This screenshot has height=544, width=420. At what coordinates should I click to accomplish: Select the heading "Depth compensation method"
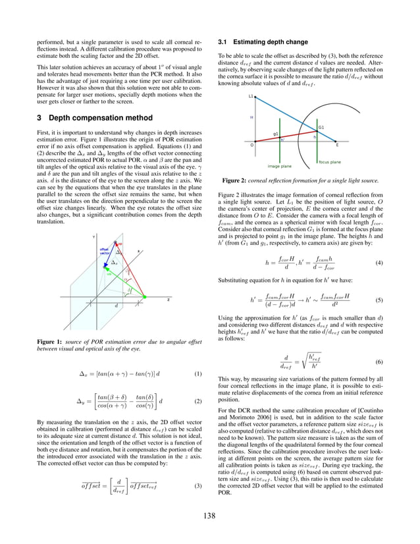[x=95, y=118]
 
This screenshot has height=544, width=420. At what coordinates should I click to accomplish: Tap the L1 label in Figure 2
[x=251, y=96]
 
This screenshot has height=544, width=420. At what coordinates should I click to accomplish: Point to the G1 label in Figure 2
[x=321, y=127]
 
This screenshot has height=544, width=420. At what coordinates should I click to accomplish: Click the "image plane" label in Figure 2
[x=280, y=166]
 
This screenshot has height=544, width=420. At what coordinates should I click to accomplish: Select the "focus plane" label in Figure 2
[x=330, y=161]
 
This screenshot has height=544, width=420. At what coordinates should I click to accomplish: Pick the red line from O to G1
[x=290, y=137]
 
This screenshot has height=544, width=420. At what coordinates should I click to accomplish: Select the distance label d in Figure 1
[x=117, y=305]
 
